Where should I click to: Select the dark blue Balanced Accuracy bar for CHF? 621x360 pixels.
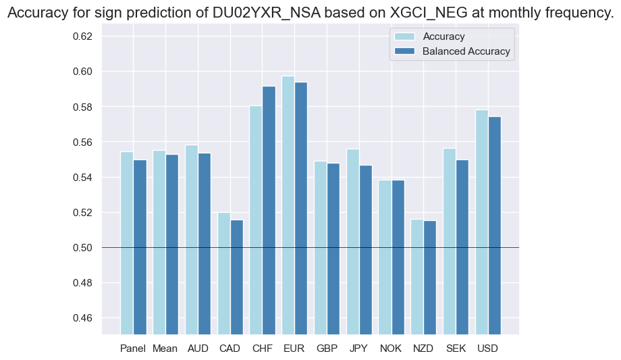pyautogui.click(x=269, y=210)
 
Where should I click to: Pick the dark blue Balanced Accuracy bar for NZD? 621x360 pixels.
pyautogui.click(x=431, y=277)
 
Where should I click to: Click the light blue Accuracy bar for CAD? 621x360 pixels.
pyautogui.click(x=223, y=273)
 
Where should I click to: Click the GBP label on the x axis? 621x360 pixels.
pyautogui.click(x=327, y=349)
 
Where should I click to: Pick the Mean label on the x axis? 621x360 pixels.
pyautogui.click(x=165, y=349)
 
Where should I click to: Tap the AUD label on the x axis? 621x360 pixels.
pyautogui.click(x=198, y=349)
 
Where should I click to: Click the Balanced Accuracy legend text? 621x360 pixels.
pyautogui.click(x=466, y=51)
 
